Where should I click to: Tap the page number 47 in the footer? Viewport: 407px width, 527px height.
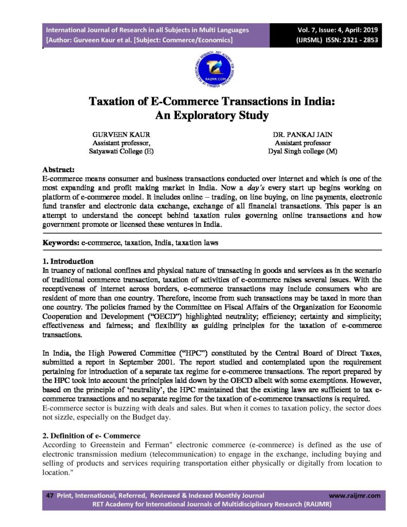click(50, 496)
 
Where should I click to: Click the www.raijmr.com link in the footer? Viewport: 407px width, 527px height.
click(354, 496)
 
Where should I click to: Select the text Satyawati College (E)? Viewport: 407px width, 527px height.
click(121, 151)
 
